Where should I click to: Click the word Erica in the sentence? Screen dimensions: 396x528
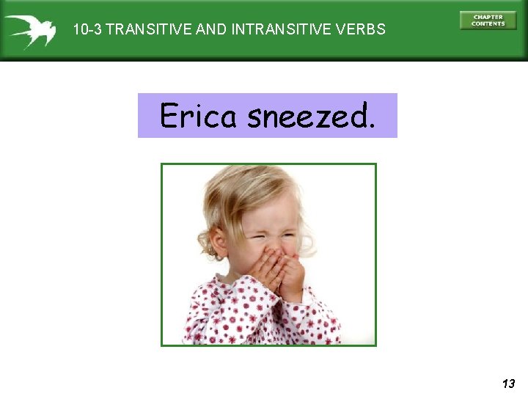[197, 116]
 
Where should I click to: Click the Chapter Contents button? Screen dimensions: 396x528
[488, 21]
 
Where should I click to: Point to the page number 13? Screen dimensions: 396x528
[508, 383]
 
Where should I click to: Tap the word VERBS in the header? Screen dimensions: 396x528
[362, 30]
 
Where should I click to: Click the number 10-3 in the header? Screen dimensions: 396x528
[88, 30]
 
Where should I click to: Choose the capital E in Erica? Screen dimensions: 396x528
[169, 115]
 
